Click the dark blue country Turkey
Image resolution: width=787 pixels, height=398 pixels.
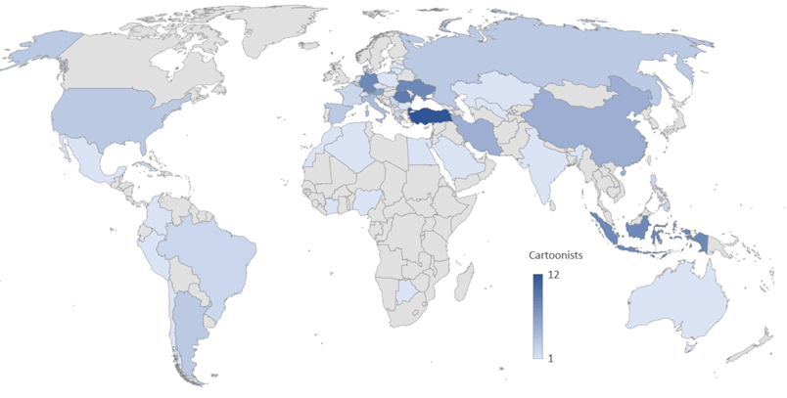pyautogui.click(x=432, y=117)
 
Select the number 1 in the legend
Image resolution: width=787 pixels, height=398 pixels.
pyautogui.click(x=553, y=359)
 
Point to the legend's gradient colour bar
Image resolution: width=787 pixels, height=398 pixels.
pyautogui.click(x=537, y=318)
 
